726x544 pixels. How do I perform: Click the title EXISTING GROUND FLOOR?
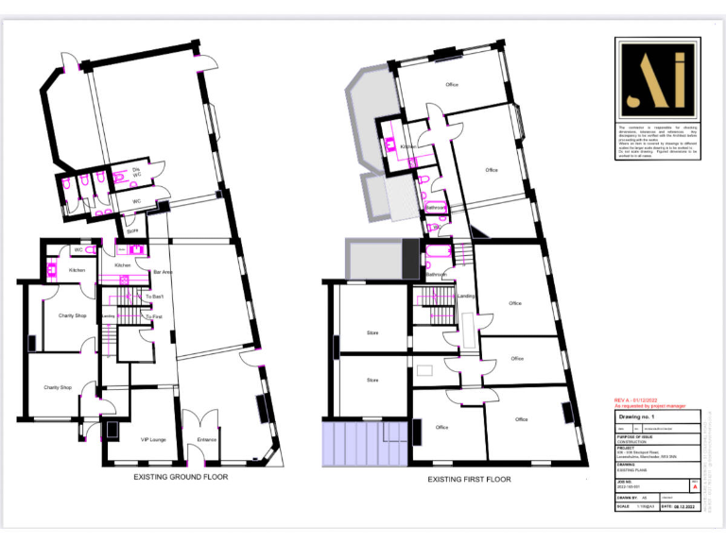point(179,477)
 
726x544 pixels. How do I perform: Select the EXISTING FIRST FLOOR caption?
point(469,479)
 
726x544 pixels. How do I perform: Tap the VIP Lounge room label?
point(140,439)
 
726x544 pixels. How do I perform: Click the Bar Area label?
point(163,273)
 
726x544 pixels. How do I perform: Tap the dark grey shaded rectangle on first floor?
point(409,259)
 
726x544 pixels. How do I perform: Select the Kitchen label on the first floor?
point(407,147)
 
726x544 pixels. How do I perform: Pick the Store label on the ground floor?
point(132,229)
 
